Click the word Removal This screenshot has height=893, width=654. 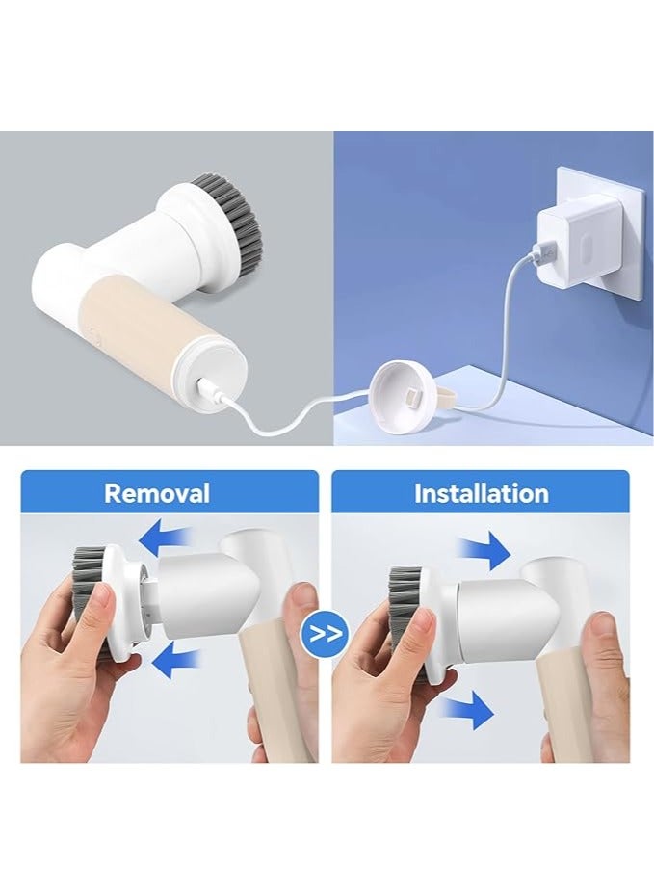pos(156,494)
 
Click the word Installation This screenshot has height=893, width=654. pos(481,494)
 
